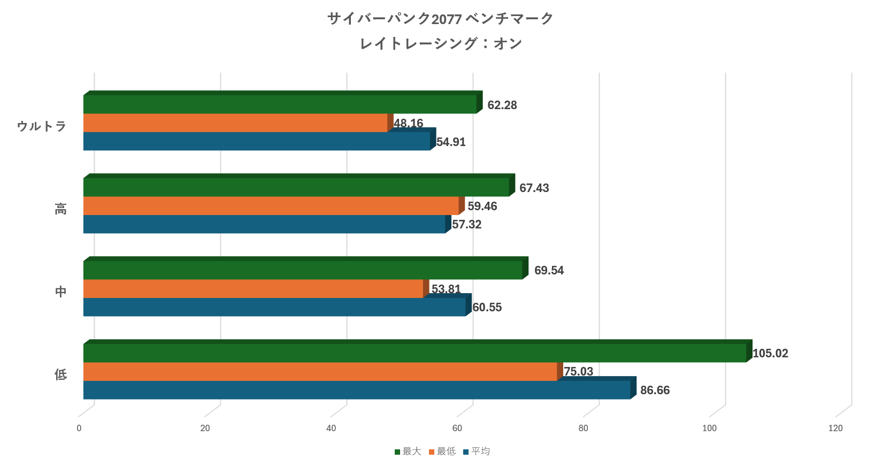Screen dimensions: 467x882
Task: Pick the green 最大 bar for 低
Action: tap(415, 353)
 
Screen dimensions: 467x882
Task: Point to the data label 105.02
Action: tap(770, 354)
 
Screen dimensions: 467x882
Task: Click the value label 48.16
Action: tap(409, 124)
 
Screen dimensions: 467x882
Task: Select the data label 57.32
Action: tap(467, 225)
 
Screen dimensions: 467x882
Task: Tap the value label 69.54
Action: tap(549, 271)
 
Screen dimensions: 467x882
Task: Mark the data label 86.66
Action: tap(655, 391)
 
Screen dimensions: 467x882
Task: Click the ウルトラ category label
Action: tap(42, 126)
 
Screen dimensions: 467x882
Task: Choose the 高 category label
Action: tap(60, 209)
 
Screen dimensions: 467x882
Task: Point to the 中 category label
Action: tap(60, 292)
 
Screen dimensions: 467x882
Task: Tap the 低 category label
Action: tap(60, 374)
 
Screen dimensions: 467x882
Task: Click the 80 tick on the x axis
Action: tap(583, 428)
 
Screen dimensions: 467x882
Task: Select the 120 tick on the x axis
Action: tap(835, 428)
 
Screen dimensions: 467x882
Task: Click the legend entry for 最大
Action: tap(408, 451)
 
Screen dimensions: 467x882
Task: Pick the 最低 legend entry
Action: tap(442, 451)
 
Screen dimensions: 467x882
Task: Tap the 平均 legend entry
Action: tap(477, 451)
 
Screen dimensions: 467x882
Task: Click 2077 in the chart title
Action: tap(446, 19)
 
